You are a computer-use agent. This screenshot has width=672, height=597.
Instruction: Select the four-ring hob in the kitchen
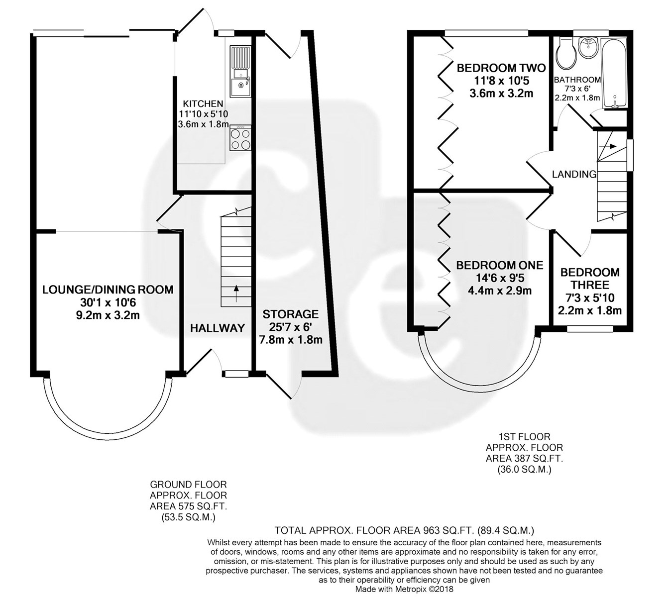tap(240, 138)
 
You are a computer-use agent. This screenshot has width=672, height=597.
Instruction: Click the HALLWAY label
tap(217, 328)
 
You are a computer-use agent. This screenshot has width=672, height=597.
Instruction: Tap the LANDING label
tap(574, 174)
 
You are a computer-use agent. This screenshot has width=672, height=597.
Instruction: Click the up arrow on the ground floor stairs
tap(236, 294)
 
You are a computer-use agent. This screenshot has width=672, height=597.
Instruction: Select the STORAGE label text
tap(291, 313)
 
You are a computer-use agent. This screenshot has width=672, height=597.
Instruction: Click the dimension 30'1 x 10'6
tap(108, 302)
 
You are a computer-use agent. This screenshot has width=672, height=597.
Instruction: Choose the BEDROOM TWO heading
tap(501, 68)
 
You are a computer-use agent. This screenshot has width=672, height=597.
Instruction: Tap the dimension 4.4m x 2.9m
tap(500, 291)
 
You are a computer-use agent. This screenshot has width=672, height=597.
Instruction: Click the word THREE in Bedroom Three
tap(589, 285)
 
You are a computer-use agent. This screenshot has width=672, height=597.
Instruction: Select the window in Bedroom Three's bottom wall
tap(590, 329)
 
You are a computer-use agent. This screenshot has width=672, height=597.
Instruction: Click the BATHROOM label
tap(577, 80)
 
